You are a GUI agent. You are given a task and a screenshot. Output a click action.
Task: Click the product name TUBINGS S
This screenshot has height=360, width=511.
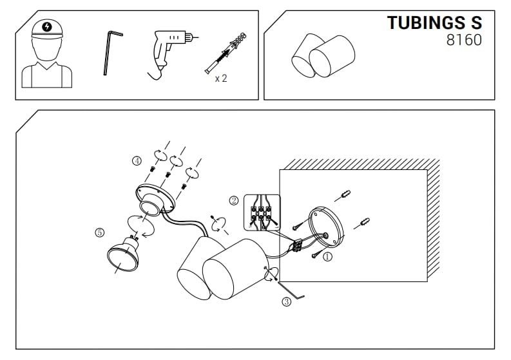point(434,23)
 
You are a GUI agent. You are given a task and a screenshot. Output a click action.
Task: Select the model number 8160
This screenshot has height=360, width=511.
point(464,40)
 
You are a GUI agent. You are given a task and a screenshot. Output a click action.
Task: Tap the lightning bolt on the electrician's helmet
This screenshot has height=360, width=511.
point(47,26)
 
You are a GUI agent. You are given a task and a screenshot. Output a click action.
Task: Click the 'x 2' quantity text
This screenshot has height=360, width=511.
point(220,79)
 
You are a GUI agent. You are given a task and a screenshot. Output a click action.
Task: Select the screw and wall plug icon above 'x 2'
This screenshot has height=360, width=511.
point(226,52)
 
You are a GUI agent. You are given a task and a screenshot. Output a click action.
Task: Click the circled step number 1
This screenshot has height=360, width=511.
point(327,257)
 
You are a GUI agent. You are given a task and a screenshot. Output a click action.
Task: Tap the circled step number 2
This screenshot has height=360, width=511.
point(234,200)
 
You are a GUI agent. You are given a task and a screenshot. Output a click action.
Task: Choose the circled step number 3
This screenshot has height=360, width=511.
point(287,301)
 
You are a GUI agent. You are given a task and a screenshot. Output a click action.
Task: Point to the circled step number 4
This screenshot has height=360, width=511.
point(137,160)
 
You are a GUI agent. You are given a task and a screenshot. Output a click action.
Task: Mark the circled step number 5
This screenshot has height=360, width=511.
point(100,232)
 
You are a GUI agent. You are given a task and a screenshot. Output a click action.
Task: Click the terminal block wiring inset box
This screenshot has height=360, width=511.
point(262,213)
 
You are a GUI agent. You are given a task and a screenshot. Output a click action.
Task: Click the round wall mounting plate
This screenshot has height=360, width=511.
point(326,227)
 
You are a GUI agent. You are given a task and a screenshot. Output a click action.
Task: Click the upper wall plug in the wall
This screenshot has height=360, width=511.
point(345,195)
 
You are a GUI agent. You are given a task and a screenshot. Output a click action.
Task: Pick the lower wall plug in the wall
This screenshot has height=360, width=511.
point(364,223)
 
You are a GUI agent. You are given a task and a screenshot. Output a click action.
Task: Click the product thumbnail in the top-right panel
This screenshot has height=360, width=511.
point(323,55)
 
